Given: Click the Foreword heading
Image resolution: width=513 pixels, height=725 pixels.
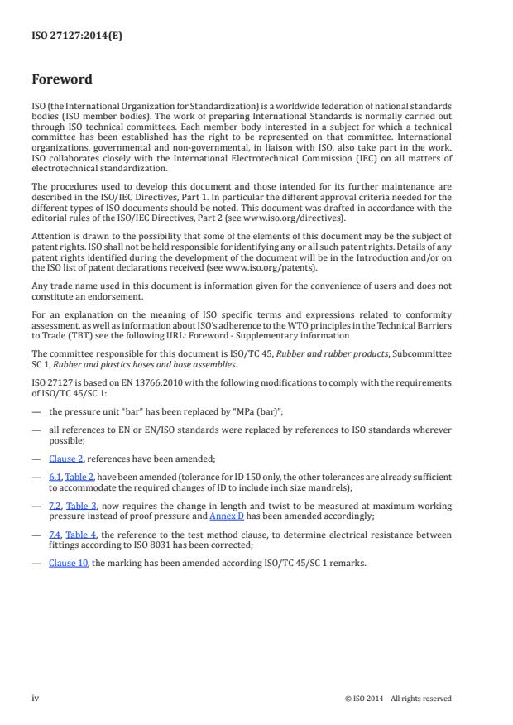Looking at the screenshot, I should click(62, 80).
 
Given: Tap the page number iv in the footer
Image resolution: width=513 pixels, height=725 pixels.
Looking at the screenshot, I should click(36, 698).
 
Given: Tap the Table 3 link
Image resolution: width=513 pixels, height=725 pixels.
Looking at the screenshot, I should click(80, 504).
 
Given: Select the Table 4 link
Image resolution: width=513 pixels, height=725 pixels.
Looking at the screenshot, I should click(80, 537).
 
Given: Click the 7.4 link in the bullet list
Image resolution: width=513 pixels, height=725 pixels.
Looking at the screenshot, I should click(55, 537).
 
